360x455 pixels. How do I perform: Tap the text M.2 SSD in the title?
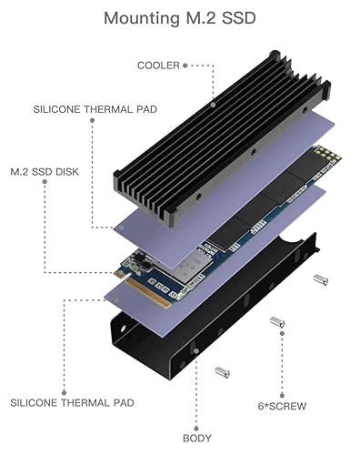pos(224,18)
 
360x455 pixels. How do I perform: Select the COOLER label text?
pos(157,66)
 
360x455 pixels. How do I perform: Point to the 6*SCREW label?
pos(274,402)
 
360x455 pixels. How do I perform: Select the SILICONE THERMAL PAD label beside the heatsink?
pos(95,109)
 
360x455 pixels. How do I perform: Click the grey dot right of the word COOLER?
pos(185,66)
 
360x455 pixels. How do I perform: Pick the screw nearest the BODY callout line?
pos(219,372)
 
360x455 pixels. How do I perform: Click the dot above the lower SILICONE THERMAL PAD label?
pos(63,301)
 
